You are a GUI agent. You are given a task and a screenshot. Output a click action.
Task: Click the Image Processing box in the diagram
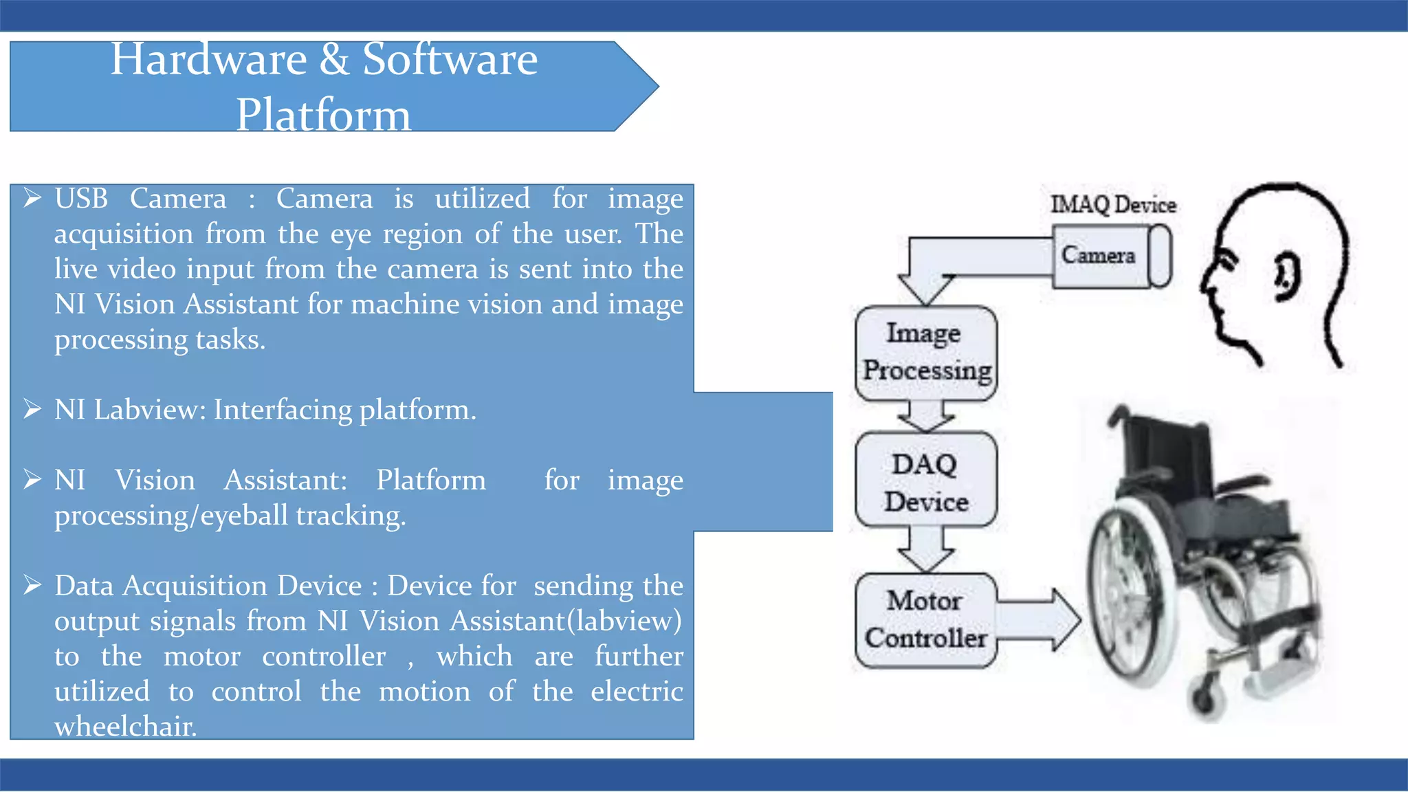pos(926,352)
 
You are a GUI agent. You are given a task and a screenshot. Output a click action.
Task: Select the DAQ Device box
pos(926,481)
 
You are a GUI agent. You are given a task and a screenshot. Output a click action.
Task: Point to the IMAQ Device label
pos(1112,204)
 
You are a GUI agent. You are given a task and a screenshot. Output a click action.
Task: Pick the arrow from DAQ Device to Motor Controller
pos(926,549)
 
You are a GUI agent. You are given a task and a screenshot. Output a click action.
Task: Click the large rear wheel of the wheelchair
pos(1127,591)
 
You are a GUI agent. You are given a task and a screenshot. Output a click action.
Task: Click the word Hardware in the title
pos(208,59)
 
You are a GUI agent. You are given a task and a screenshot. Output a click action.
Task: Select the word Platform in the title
pos(323,115)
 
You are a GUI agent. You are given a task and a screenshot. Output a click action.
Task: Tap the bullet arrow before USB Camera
pos(32,199)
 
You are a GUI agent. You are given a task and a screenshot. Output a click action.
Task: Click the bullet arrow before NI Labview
pos(32,409)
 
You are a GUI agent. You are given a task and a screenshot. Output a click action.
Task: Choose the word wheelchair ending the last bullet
pos(125,726)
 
